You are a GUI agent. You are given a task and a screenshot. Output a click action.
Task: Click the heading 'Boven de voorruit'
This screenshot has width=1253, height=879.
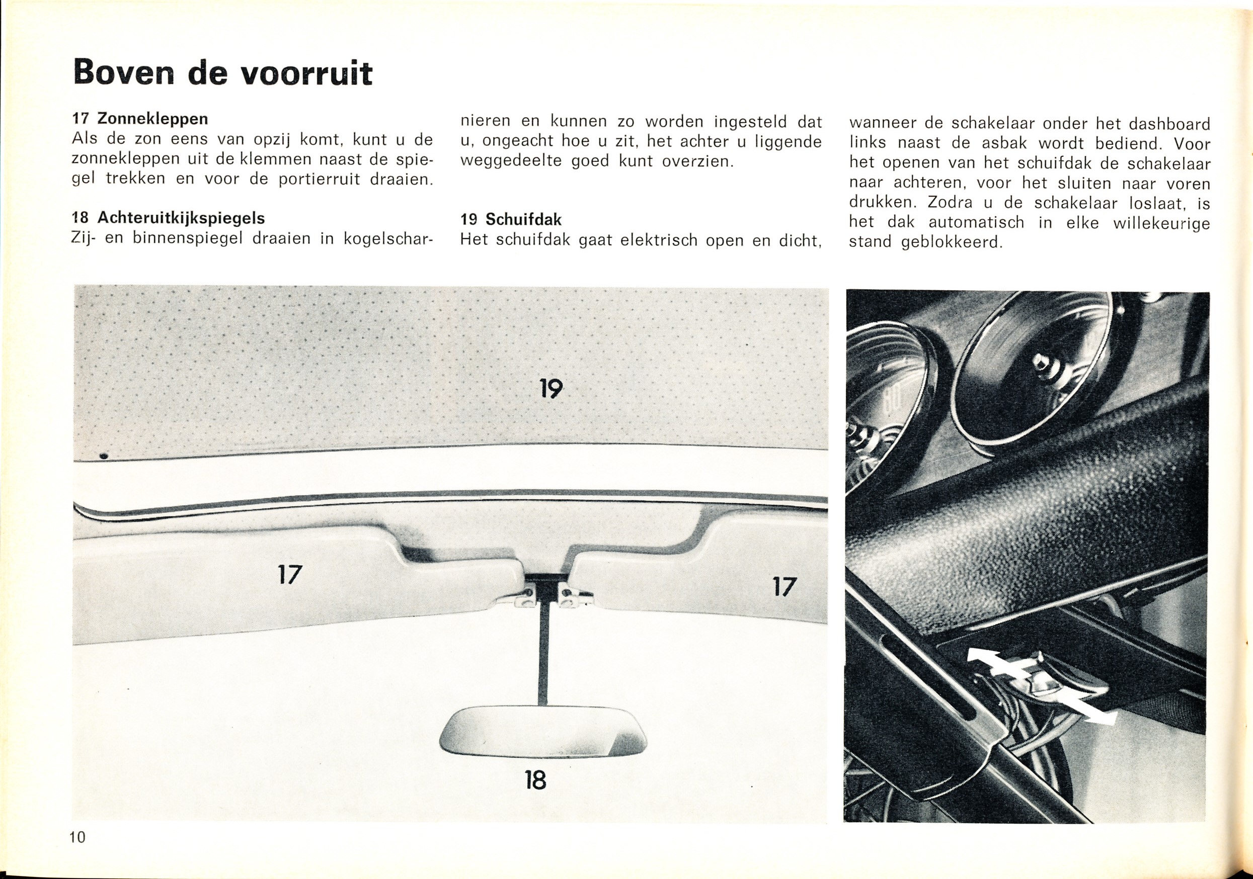222,73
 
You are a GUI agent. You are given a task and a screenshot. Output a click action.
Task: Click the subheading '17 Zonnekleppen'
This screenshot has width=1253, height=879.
140,118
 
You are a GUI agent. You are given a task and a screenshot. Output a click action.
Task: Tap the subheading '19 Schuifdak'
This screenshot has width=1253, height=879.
511,220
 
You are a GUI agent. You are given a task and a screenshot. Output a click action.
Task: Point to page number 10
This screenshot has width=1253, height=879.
77,852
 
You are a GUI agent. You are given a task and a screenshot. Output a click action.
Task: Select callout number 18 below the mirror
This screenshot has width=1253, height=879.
535,780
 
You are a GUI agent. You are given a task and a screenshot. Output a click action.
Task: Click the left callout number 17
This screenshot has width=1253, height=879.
289,574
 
